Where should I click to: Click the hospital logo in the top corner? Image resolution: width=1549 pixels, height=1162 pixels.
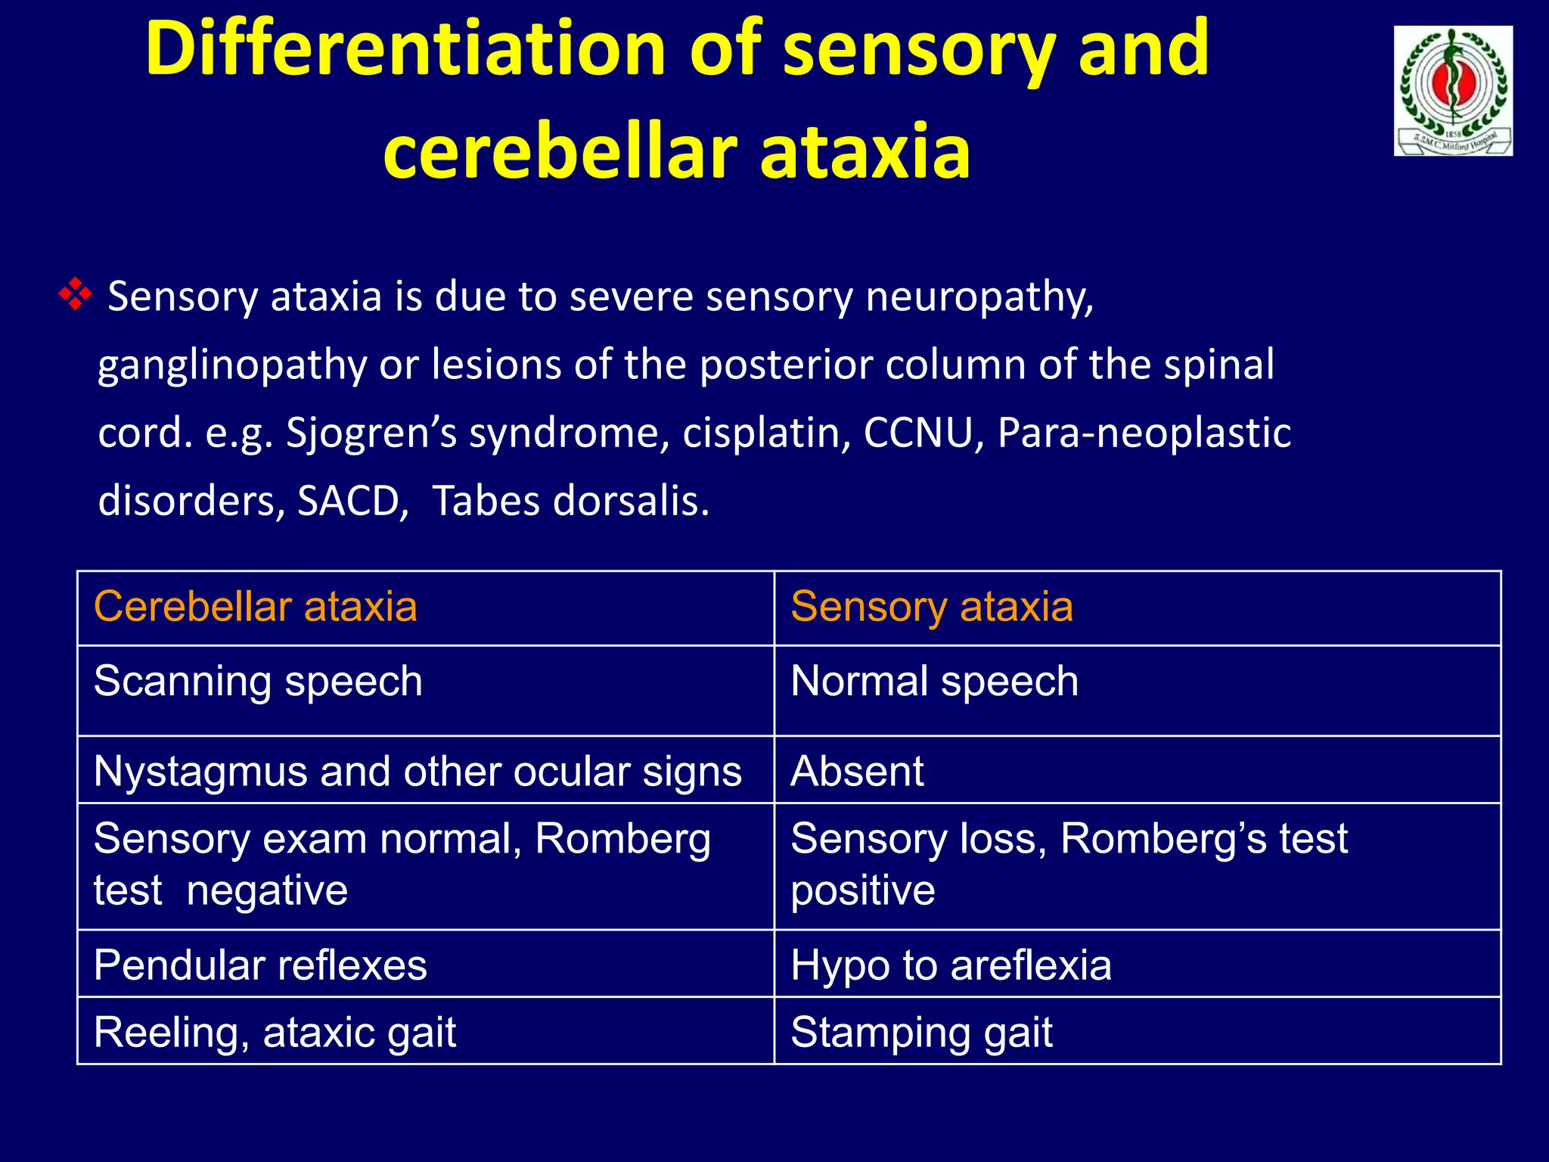tap(1452, 91)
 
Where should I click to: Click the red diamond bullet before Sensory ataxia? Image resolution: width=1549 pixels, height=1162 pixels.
tap(75, 294)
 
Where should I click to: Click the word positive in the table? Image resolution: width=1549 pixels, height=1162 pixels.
tap(862, 890)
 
